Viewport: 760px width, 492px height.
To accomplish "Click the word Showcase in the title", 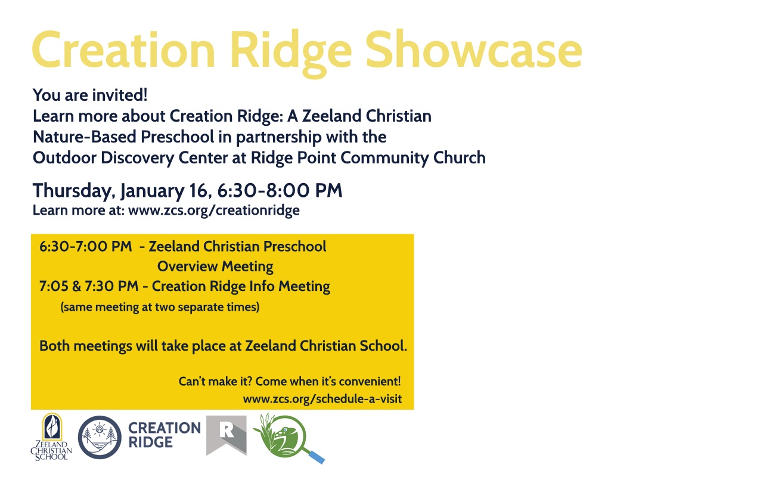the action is pos(474,49).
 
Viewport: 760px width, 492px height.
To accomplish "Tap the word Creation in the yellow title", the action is pos(124,49).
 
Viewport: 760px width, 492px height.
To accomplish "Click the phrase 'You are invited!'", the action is pos(90,95).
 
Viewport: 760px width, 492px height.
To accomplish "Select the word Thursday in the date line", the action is pos(72,191).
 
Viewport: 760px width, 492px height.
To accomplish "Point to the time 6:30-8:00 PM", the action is pos(280,190).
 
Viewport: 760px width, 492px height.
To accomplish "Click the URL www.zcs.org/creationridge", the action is pos(214,211).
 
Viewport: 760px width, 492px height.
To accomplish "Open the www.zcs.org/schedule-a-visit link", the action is pos(322,398).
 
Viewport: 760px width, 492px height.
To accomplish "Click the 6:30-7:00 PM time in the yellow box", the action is pos(85,246).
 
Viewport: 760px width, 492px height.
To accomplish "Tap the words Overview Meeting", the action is pos(215,267).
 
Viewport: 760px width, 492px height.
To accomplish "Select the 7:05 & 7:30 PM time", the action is pos(89,286).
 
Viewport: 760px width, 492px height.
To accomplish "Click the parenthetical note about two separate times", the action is pos(160,307).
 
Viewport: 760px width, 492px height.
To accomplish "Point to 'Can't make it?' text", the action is pos(215,381).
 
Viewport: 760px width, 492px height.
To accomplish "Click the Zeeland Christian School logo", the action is pos(51,437).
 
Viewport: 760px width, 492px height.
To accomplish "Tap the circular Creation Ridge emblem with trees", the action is pos(100,437).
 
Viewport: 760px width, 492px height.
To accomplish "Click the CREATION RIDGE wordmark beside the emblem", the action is pos(165,435).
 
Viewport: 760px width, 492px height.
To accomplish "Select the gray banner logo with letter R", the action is pos(227,435).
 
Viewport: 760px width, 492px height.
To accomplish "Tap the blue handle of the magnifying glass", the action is pos(317,456).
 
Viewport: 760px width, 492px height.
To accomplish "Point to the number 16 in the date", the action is pos(198,190).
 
